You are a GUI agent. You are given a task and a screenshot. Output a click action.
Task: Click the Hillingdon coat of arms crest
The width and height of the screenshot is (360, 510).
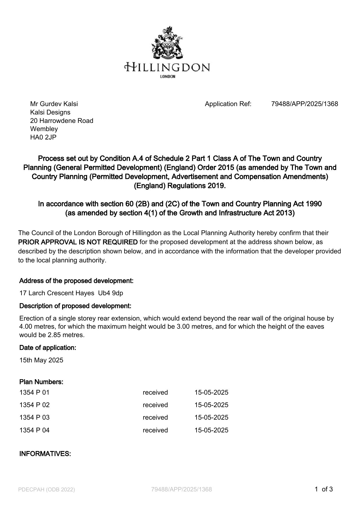pyautogui.click(x=167, y=43)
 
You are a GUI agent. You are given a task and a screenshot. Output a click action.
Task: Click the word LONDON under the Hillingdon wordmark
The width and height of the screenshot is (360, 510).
pyautogui.click(x=168, y=77)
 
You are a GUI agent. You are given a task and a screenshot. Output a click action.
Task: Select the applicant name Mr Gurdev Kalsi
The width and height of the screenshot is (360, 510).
pyautogui.click(x=54, y=104)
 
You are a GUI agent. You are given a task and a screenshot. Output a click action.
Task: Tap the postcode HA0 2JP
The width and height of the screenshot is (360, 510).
pyautogui.click(x=43, y=137)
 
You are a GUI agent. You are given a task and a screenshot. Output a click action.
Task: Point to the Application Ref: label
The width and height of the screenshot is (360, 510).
pyautogui.click(x=228, y=104)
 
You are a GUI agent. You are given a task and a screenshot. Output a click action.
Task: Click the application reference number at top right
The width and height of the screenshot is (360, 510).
pyautogui.click(x=304, y=104)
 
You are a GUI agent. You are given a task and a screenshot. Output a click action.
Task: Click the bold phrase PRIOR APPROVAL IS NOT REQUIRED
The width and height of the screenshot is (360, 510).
pyautogui.click(x=78, y=242)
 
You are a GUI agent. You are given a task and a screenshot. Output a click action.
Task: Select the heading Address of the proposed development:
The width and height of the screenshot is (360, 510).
pyautogui.click(x=76, y=281)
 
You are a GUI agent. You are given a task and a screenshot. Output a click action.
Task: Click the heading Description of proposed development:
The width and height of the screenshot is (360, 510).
pyautogui.click(x=75, y=306)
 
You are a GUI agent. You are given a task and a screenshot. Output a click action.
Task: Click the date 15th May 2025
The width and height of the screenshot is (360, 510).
pyautogui.click(x=41, y=360)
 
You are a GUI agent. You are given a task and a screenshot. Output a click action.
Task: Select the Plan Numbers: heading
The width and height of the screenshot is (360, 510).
pyautogui.click(x=41, y=382)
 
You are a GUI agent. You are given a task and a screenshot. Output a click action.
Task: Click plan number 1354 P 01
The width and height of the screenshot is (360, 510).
pyautogui.click(x=34, y=392)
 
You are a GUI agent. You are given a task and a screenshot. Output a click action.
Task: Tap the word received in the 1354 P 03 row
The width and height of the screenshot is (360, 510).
pyautogui.click(x=155, y=417)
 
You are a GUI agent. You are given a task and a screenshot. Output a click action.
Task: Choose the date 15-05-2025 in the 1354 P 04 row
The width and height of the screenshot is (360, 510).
pyautogui.click(x=211, y=430)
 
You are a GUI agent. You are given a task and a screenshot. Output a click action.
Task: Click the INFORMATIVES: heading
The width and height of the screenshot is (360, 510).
pyautogui.click(x=45, y=454)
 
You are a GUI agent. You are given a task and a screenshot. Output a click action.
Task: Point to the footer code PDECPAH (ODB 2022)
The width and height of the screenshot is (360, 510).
pyautogui.click(x=46, y=489)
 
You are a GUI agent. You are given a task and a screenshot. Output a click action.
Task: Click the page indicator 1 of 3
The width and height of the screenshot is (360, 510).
pyautogui.click(x=323, y=489)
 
